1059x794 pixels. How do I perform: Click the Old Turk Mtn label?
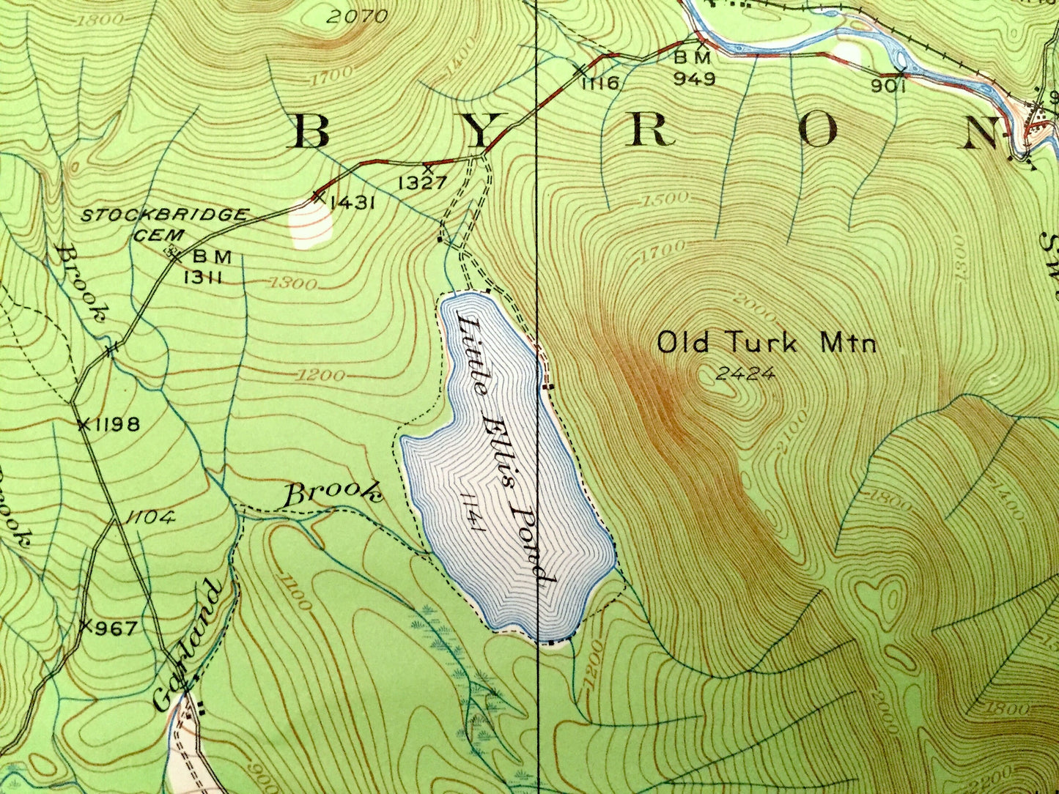[x=766, y=343]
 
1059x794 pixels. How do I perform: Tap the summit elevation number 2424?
[x=745, y=374]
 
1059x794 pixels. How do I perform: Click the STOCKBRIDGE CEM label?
[x=164, y=223]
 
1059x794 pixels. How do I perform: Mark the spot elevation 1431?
[x=353, y=202]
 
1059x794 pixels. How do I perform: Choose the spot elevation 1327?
[x=422, y=182]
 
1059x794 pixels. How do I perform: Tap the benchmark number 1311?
[x=208, y=278]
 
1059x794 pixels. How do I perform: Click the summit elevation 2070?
[x=356, y=15]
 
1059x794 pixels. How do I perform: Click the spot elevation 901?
[x=890, y=86]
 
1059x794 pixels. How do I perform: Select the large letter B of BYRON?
[x=311, y=132]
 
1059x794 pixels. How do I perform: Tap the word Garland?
[x=187, y=645]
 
